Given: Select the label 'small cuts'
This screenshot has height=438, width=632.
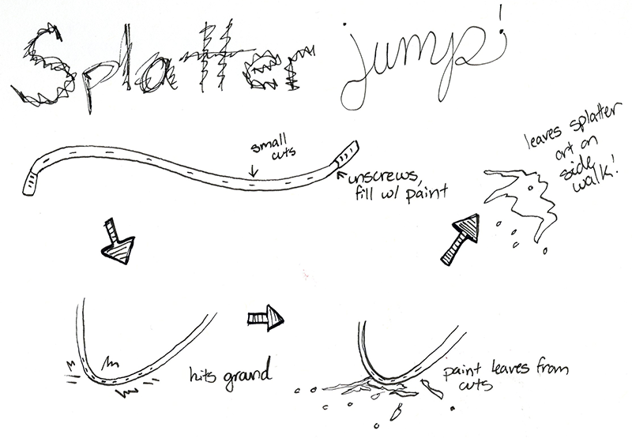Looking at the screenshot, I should tap(266, 151).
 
